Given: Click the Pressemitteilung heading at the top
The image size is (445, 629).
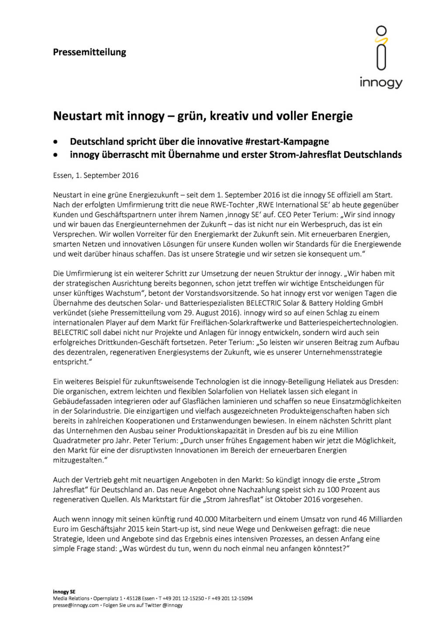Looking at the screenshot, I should pos(90,52).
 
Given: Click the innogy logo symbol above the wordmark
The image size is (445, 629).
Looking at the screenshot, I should pos(381,48).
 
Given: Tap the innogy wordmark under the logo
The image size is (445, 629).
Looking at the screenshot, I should pos(381,83).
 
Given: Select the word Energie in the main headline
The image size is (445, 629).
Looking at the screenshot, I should pos(331,116).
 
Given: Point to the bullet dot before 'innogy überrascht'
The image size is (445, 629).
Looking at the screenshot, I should pos(55,155).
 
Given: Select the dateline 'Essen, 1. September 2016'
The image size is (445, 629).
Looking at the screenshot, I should pos(96,176).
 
